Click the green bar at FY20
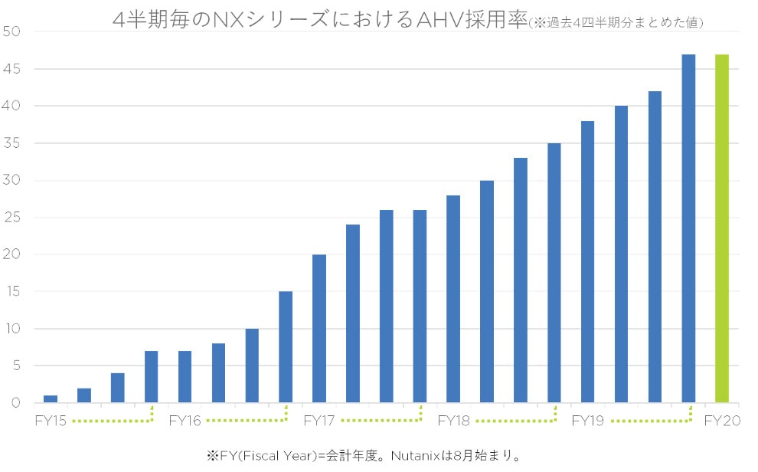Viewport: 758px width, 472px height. (x=721, y=228)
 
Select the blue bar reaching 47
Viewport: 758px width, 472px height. (x=688, y=228)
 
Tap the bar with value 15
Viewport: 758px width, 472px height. (x=286, y=346)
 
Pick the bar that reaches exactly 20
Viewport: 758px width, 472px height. (x=319, y=328)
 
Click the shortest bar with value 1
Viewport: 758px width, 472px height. (x=51, y=398)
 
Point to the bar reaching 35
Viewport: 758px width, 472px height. (x=554, y=273)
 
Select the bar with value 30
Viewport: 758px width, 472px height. (x=487, y=291)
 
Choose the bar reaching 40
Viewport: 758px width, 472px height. (x=621, y=254)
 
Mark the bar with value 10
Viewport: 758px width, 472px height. (x=252, y=365)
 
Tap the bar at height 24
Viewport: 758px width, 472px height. (x=353, y=313)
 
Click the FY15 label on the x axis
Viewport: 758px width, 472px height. (x=50, y=421)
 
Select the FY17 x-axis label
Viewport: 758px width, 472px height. (x=319, y=421)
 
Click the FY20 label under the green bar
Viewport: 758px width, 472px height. (x=721, y=421)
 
